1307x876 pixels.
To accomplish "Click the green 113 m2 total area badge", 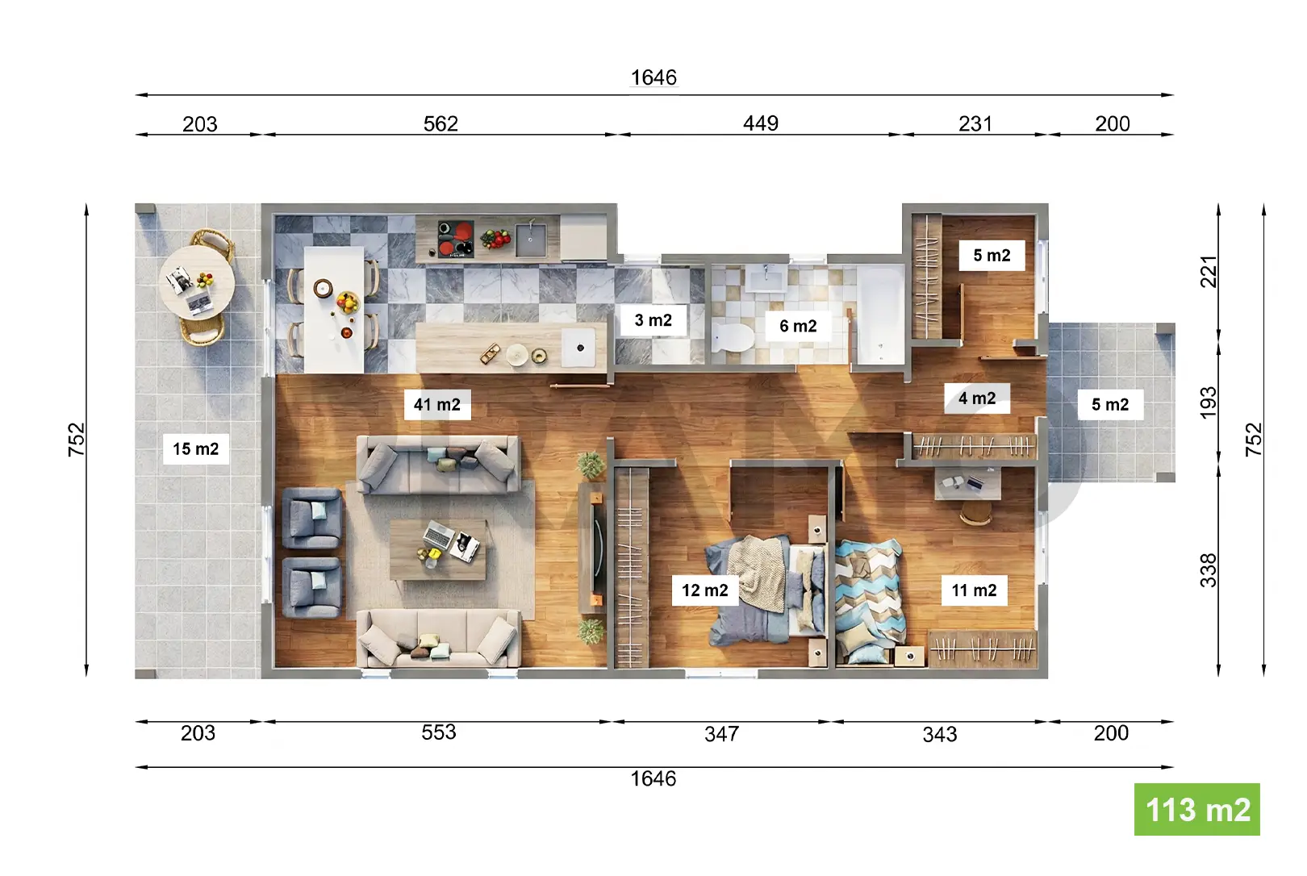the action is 1196,809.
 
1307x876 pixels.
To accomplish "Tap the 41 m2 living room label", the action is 437,404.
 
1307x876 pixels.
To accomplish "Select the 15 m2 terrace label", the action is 195,448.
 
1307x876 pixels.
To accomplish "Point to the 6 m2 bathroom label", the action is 798,326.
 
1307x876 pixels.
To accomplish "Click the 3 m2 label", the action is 653,320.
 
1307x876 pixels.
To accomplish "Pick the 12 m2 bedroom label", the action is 705,590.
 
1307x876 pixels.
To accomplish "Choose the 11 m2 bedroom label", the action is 974,590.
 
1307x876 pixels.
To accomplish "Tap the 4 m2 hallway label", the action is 977,398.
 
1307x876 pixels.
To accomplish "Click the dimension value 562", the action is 441,123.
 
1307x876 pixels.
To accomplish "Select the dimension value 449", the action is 760,123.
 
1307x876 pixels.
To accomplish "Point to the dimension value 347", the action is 722,734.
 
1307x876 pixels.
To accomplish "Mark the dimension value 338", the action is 1209,569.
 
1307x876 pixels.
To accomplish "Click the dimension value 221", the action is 1209,271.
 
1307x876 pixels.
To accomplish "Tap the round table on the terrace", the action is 197,283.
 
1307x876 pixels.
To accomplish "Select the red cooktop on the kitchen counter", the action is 456,239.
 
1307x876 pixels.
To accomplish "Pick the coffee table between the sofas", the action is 437,549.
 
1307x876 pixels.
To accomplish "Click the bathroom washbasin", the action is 766,279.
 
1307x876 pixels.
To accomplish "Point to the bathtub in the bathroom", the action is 879,315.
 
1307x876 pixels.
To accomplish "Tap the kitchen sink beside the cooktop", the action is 531,240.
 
